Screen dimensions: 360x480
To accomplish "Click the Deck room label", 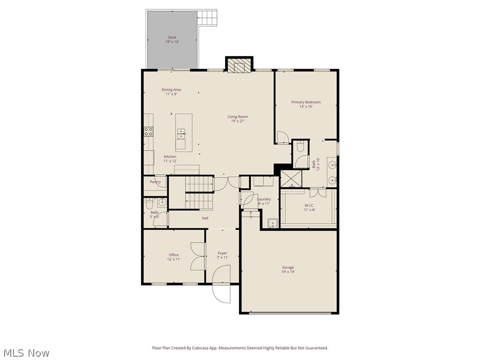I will point(172,37).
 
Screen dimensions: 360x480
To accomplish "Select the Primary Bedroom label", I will point(306,102).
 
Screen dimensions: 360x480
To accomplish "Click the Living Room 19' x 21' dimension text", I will point(238,121).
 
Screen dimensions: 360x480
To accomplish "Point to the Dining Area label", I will point(171,90).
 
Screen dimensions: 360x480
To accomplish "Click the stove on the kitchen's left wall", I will point(149,132).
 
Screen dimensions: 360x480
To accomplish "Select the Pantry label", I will point(155,182).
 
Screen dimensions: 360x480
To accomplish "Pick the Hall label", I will point(205,218).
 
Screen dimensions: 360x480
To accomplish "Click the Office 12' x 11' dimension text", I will point(173,259).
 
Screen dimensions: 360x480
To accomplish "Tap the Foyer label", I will point(222,253).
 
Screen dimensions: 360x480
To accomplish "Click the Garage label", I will point(288,267).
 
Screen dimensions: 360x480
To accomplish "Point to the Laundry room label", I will point(264,199).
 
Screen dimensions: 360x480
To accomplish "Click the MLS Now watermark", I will point(26,352).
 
